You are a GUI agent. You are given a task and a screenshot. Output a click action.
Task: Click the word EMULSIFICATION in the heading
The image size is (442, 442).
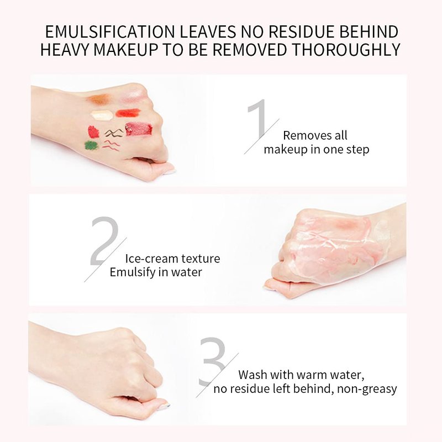pos(110,31)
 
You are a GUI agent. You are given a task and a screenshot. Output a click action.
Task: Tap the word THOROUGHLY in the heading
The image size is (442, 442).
pos(346,50)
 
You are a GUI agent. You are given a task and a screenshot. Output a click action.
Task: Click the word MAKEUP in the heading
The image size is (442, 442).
pos(126,50)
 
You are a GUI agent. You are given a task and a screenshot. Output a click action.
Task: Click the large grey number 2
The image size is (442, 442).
pos(104,241)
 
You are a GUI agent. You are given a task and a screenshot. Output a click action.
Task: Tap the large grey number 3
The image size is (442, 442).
pos(213,361)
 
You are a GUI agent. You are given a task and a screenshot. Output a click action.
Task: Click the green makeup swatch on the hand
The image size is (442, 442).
pos(91,145)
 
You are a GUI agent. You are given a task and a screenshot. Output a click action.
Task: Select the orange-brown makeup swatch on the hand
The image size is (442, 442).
pos(99,99)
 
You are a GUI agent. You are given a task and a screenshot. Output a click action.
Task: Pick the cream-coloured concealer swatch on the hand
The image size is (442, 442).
pos(102,115)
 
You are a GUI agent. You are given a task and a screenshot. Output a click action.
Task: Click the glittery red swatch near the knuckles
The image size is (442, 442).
pos(139,129)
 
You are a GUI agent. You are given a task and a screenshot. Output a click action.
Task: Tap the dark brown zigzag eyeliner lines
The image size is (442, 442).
pos(114,133)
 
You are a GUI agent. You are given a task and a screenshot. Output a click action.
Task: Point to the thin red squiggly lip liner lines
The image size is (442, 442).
pos(111,145)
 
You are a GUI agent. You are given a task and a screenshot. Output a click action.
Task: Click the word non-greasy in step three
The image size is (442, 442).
pos(367,389)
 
